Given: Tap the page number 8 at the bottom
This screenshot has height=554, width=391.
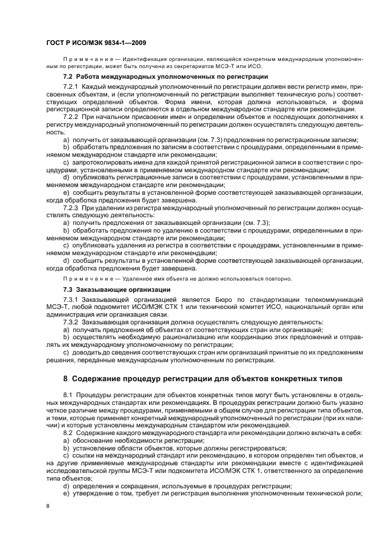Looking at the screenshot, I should tap(49, 506).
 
